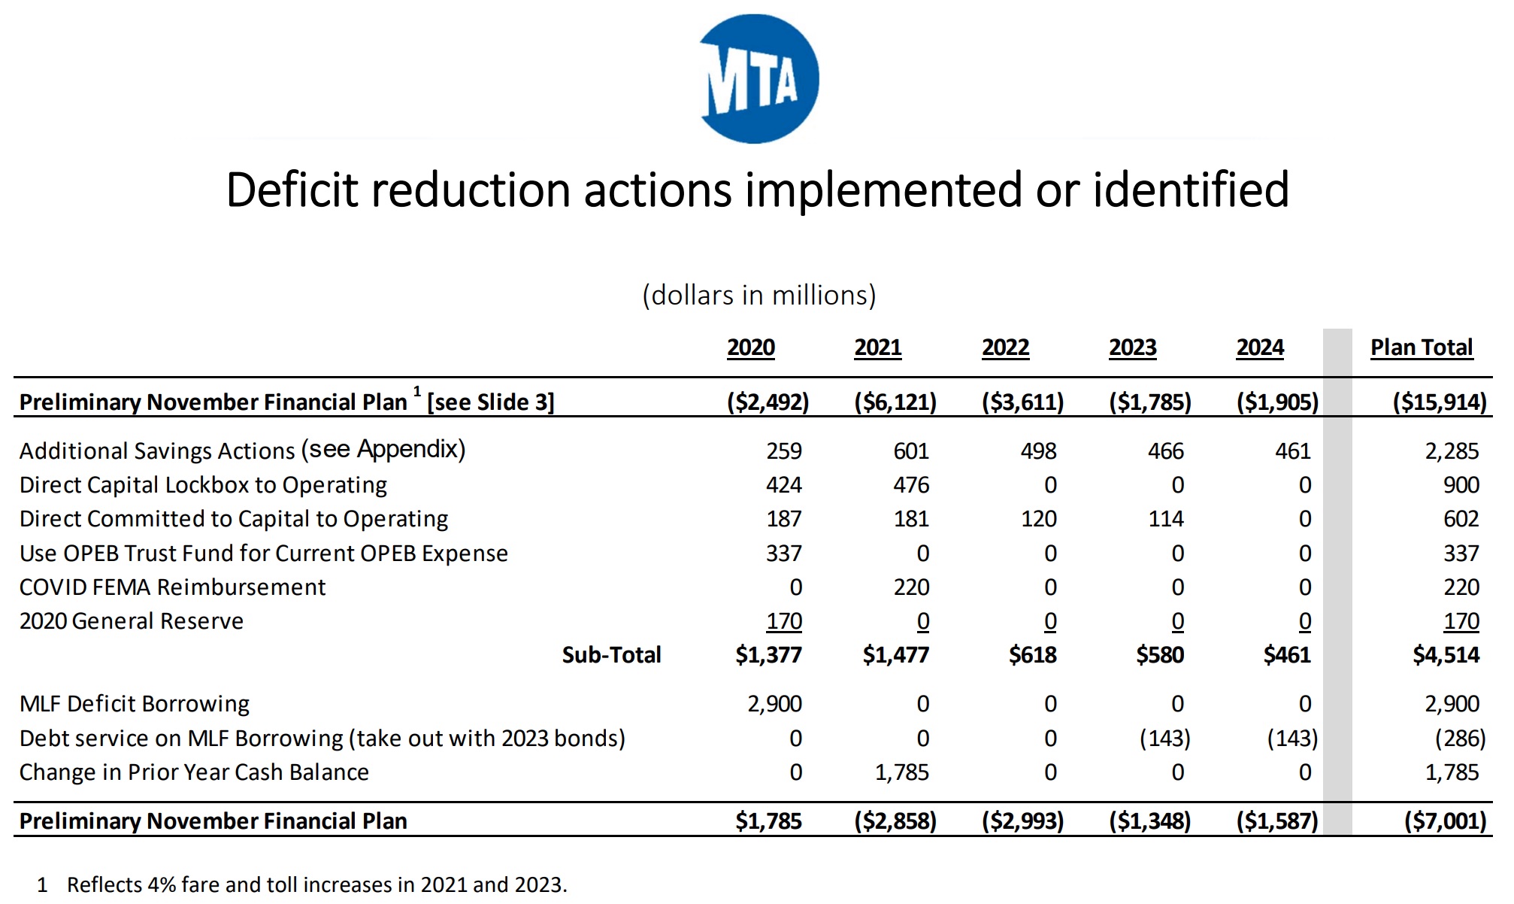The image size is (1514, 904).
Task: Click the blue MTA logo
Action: click(x=759, y=79)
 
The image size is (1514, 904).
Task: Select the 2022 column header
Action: click(x=1005, y=347)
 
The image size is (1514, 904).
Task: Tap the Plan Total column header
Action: click(x=1421, y=347)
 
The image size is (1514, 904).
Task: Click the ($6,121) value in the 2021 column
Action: click(x=895, y=402)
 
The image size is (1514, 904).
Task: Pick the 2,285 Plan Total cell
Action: click(x=1451, y=451)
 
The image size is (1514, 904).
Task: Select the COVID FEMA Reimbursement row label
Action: click(x=172, y=587)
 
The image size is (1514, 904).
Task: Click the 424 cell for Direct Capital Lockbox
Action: click(x=783, y=485)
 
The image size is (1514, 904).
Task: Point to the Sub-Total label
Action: click(x=611, y=655)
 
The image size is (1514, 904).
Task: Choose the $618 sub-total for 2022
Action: click(x=1032, y=655)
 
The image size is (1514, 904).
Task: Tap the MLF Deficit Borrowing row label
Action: click(x=134, y=704)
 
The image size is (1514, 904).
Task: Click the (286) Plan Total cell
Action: click(x=1460, y=739)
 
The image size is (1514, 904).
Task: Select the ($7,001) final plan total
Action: click(x=1445, y=821)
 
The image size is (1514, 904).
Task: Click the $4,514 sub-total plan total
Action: click(x=1446, y=655)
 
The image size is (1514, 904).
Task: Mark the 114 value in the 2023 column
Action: click(x=1165, y=519)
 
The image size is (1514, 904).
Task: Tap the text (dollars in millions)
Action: click(x=759, y=296)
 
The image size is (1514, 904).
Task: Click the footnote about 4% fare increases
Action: click(x=316, y=884)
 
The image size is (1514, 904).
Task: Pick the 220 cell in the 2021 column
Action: click(x=911, y=587)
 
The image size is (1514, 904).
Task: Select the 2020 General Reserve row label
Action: click(x=132, y=621)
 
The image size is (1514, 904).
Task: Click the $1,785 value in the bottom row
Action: click(x=768, y=821)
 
